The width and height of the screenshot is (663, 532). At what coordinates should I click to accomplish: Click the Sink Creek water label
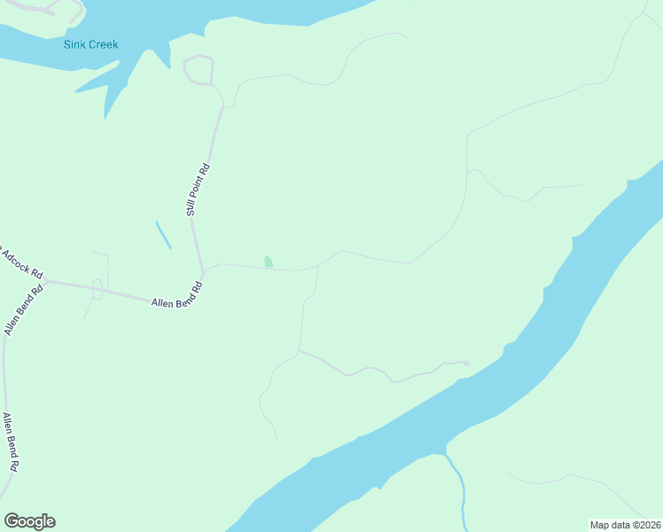(x=90, y=44)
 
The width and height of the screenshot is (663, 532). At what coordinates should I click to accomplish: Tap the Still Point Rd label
(x=198, y=190)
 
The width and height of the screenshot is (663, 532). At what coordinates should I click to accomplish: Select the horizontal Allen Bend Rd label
(x=177, y=297)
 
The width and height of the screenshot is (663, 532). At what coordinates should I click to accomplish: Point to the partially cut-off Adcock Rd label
(x=21, y=261)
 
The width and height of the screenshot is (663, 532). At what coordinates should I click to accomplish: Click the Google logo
(x=29, y=521)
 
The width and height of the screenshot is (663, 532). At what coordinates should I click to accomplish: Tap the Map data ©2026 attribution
(x=625, y=525)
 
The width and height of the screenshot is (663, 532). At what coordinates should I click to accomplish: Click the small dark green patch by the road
(x=269, y=262)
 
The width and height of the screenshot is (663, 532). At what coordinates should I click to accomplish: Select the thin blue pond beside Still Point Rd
(x=164, y=235)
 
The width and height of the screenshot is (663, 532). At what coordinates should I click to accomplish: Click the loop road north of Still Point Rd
(x=199, y=70)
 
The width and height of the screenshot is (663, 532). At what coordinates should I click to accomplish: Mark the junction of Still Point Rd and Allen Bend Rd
(x=203, y=271)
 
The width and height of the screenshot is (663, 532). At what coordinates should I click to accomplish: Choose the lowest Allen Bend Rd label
(x=11, y=441)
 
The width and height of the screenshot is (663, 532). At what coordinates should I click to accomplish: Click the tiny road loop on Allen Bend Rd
(x=97, y=288)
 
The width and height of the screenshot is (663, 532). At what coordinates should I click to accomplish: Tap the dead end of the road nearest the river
(x=466, y=362)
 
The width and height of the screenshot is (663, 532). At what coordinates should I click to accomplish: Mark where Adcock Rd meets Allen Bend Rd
(x=45, y=280)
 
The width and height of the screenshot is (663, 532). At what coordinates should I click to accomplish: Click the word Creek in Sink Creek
(x=104, y=44)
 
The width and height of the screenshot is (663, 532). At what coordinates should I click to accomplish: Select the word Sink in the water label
(x=75, y=44)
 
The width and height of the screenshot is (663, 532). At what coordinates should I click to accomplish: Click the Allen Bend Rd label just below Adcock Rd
(x=24, y=310)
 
